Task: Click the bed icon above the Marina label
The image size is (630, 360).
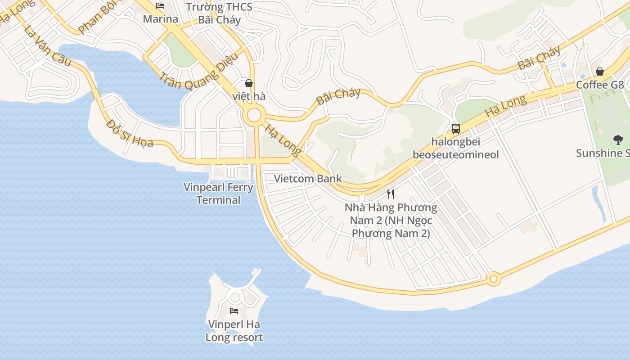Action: pyautogui.click(x=160, y=6)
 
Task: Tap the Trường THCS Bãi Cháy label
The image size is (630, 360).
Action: pyautogui.click(x=219, y=13)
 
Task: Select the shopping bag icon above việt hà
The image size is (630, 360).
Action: pyautogui.click(x=248, y=83)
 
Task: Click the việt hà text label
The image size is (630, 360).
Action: pyautogui.click(x=249, y=96)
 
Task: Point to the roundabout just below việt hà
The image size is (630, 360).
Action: pyautogui.click(x=254, y=116)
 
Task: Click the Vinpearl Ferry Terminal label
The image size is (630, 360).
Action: pyautogui.click(x=218, y=193)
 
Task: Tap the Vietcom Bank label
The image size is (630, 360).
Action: pyautogui.click(x=308, y=179)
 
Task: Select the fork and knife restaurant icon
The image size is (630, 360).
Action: pyautogui.click(x=391, y=194)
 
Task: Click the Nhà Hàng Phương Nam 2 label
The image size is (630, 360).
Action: pyautogui.click(x=391, y=220)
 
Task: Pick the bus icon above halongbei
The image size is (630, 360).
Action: pyautogui.click(x=455, y=129)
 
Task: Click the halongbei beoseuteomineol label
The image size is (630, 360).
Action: pyautogui.click(x=456, y=148)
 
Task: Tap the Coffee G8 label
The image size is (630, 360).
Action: pyautogui.click(x=600, y=85)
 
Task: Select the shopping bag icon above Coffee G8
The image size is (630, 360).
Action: pyautogui.click(x=600, y=72)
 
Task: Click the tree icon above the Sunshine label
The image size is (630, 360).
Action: pyautogui.click(x=618, y=140)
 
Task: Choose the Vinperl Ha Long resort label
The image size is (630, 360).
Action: pyautogui.click(x=234, y=331)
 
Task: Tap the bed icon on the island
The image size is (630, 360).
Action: pyautogui.click(x=234, y=310)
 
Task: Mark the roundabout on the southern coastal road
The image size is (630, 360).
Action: pyautogui.click(x=494, y=279)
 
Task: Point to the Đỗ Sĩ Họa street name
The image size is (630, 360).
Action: pyautogui.click(x=130, y=134)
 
